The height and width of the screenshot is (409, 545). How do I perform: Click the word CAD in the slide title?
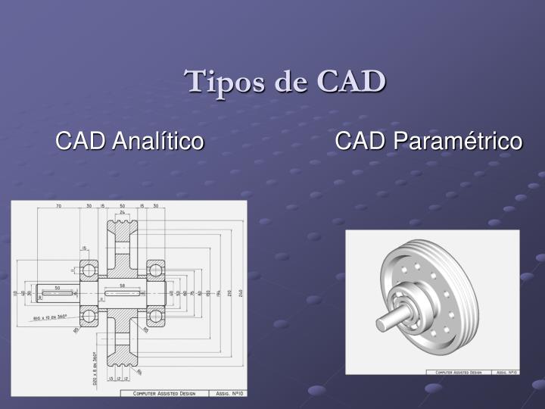(x=351, y=81)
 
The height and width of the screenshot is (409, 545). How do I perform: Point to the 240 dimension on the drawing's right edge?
(x=240, y=293)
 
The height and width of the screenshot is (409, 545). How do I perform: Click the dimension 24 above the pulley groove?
(x=122, y=213)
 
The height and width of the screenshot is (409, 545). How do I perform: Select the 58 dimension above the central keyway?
(x=122, y=286)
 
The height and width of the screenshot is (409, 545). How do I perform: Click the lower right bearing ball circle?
(x=155, y=315)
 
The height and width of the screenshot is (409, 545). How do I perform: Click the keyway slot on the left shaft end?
(x=57, y=293)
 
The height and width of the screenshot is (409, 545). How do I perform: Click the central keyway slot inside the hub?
(x=122, y=293)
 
